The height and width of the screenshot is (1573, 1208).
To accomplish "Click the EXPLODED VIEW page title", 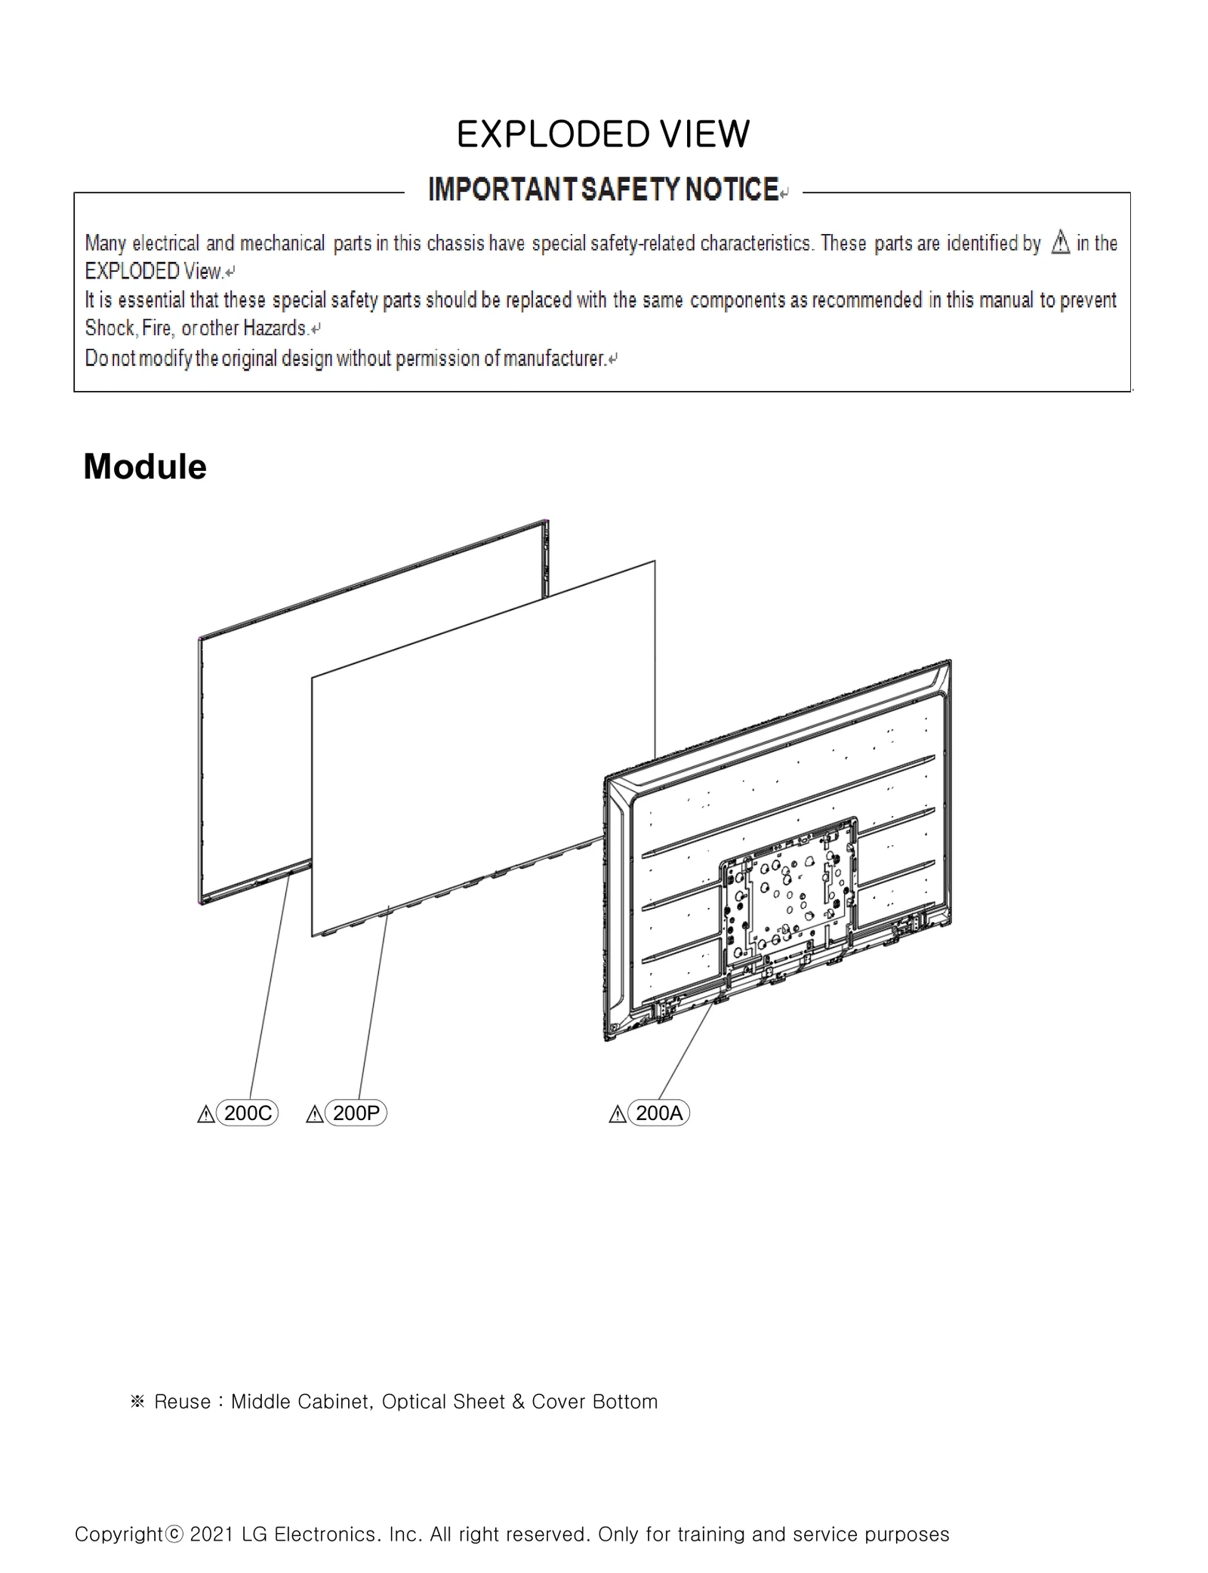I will click(602, 135).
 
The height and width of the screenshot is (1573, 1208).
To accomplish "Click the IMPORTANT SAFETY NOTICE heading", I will click(602, 189).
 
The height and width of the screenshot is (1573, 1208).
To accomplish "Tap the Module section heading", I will click(144, 466).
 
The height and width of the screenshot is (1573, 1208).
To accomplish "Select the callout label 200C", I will click(248, 1113).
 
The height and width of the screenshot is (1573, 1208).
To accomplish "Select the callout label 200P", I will click(356, 1113).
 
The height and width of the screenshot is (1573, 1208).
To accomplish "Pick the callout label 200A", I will click(659, 1113).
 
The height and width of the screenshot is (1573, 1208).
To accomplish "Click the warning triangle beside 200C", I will click(205, 1115).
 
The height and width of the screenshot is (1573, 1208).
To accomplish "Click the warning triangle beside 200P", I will click(314, 1115).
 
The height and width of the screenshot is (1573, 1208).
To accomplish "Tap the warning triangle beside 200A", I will click(617, 1115).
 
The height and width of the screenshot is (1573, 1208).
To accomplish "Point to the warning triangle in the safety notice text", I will click(1060, 243).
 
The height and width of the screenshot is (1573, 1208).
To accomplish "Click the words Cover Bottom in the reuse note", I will click(594, 1402).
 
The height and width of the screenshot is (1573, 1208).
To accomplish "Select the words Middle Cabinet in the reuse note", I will click(300, 1402).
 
